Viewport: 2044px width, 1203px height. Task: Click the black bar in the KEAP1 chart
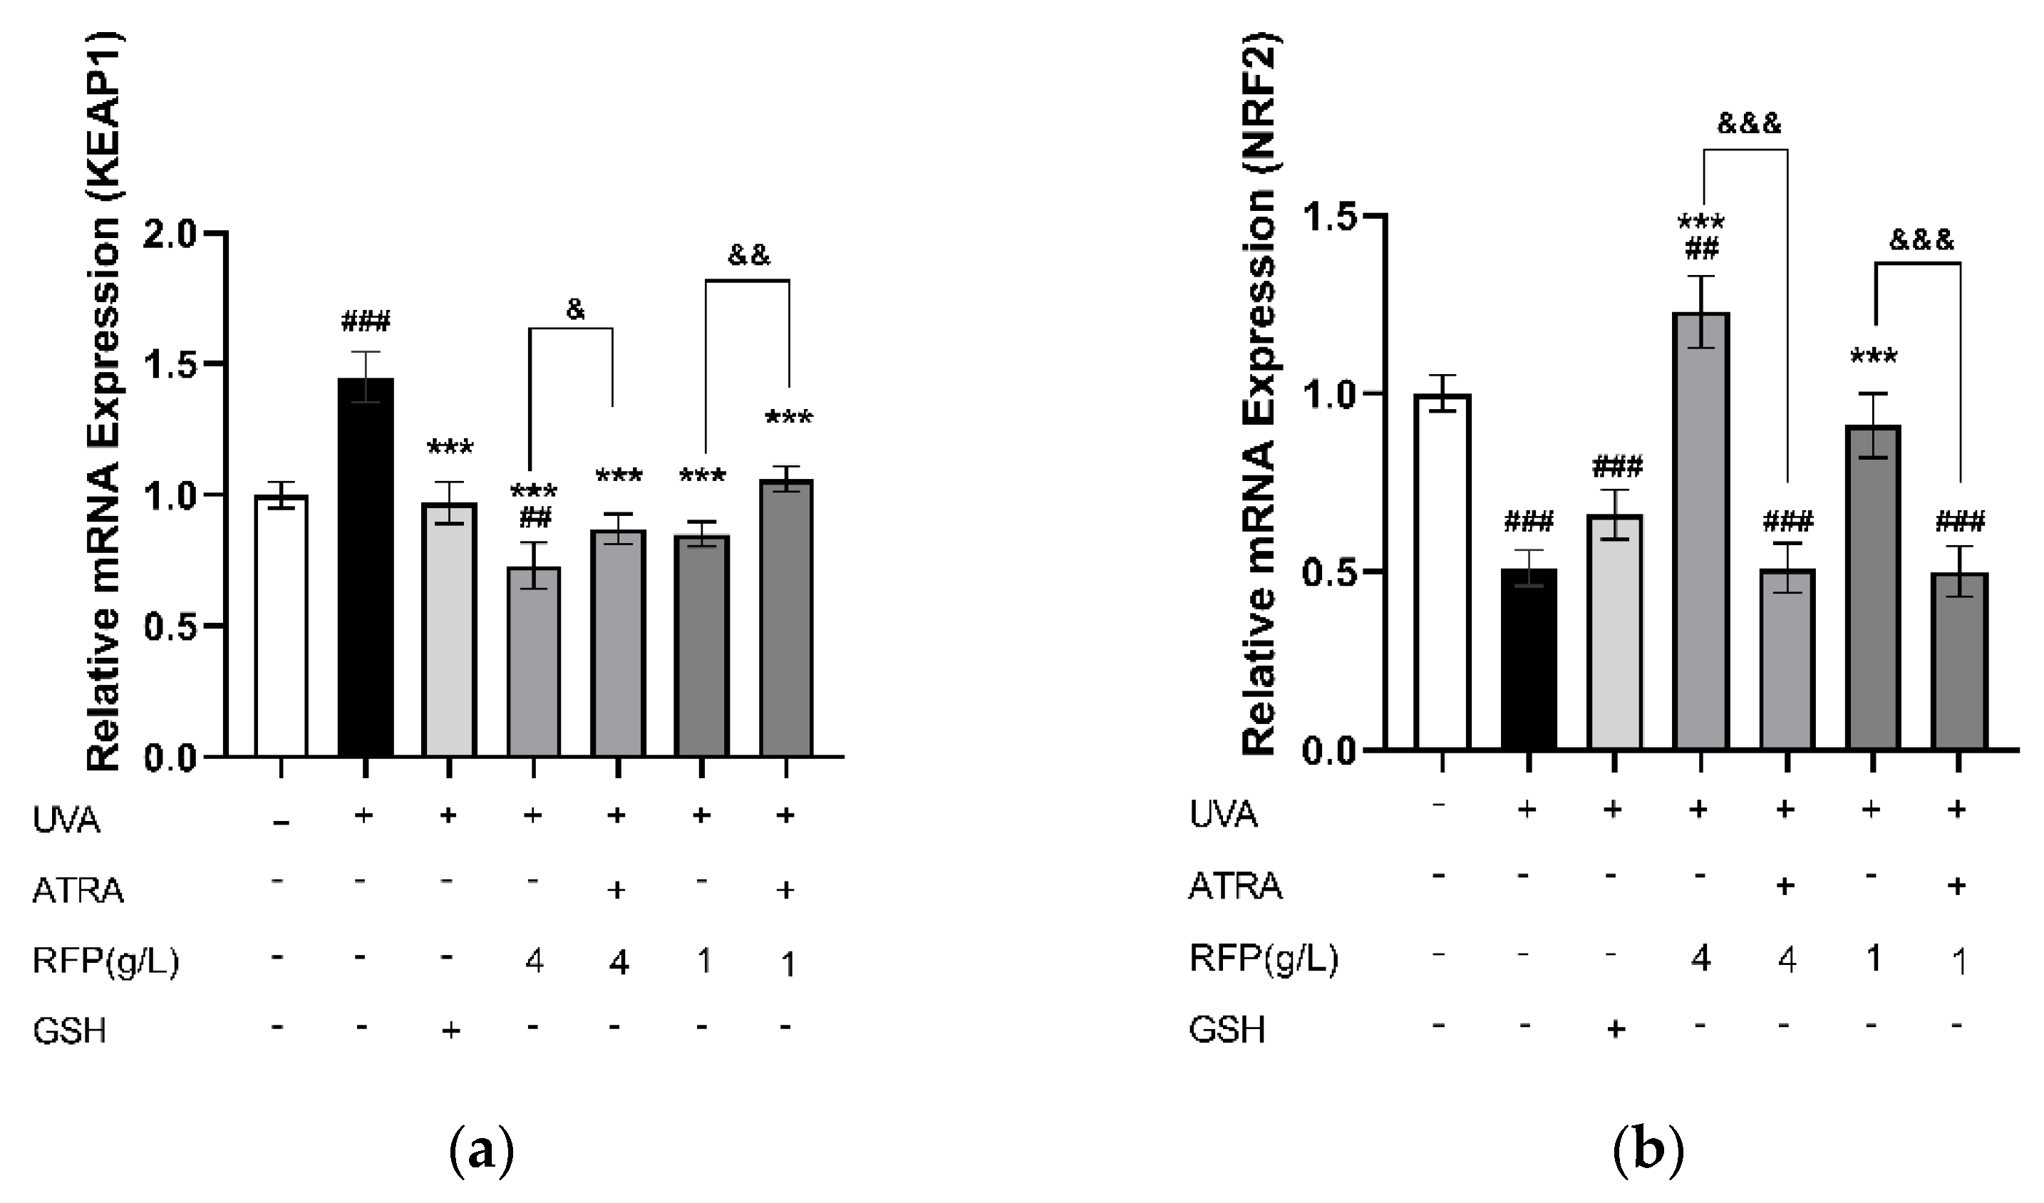[365, 568]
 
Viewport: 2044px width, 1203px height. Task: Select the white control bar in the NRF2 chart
[1442, 572]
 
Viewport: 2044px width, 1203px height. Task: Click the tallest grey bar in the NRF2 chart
[1701, 532]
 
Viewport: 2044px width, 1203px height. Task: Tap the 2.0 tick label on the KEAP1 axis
[170, 235]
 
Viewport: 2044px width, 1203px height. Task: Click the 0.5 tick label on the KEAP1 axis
[170, 627]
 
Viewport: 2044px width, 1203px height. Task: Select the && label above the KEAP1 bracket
[748, 256]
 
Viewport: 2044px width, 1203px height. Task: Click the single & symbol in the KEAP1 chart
[575, 309]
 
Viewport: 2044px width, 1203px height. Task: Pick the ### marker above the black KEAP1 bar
[365, 323]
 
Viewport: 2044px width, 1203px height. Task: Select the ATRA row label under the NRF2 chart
[1234, 887]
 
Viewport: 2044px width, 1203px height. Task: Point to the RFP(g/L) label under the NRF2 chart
[1263, 959]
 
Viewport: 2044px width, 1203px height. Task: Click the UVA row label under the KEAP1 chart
[66, 820]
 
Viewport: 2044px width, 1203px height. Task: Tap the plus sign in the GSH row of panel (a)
[450, 1031]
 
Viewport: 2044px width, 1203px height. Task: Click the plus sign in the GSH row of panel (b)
[1615, 1028]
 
